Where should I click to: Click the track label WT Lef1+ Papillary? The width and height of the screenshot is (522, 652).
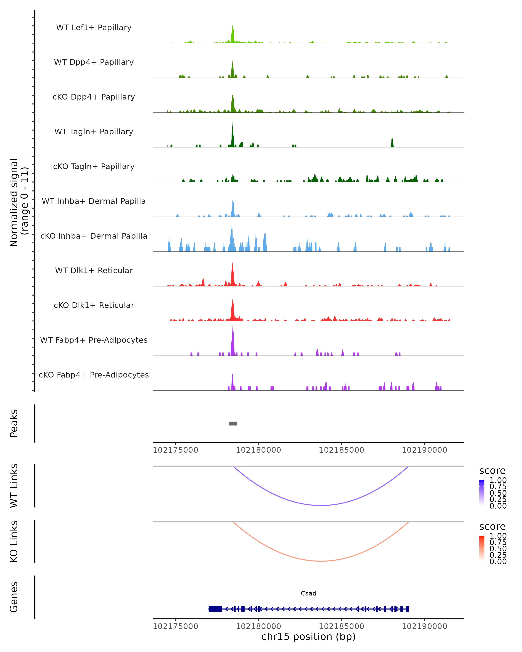pos(94,28)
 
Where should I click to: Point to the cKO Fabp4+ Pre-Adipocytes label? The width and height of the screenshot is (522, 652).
pos(94,375)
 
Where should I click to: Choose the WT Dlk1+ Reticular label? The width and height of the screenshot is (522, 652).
pos(94,270)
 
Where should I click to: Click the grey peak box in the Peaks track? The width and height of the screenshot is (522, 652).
pos(233,423)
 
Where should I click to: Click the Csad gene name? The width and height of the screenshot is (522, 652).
pos(308,593)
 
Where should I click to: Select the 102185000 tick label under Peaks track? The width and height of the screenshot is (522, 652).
pos(341,450)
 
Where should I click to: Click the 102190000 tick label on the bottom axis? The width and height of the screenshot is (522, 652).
pos(424,626)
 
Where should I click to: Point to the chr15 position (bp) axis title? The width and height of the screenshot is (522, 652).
pos(308,637)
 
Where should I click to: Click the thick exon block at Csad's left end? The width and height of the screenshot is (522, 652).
pos(215,609)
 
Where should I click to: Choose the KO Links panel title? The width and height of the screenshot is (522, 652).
pos(14,541)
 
